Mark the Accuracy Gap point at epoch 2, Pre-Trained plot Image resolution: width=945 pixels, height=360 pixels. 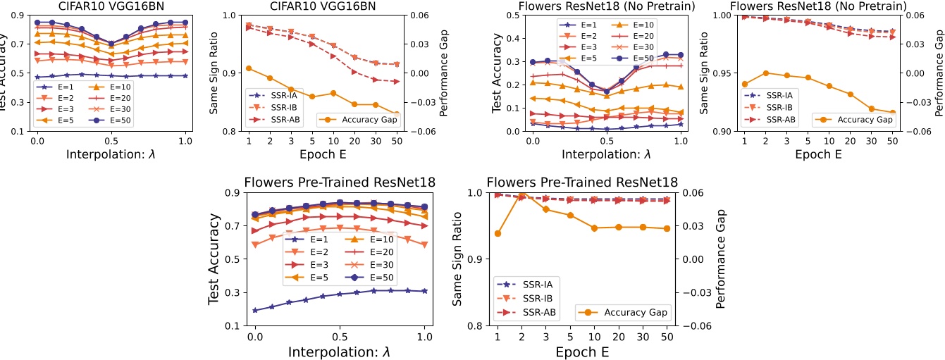coord(522,195)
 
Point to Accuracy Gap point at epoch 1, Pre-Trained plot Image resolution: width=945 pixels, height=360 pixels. coord(498,233)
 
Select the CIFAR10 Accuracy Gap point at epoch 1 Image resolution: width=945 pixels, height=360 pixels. coord(249,68)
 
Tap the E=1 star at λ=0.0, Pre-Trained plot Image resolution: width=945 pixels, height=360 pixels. coord(255,310)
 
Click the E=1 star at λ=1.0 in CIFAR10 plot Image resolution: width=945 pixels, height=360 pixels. coord(185,75)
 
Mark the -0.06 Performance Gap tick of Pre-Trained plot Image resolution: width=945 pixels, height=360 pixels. coord(693,325)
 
